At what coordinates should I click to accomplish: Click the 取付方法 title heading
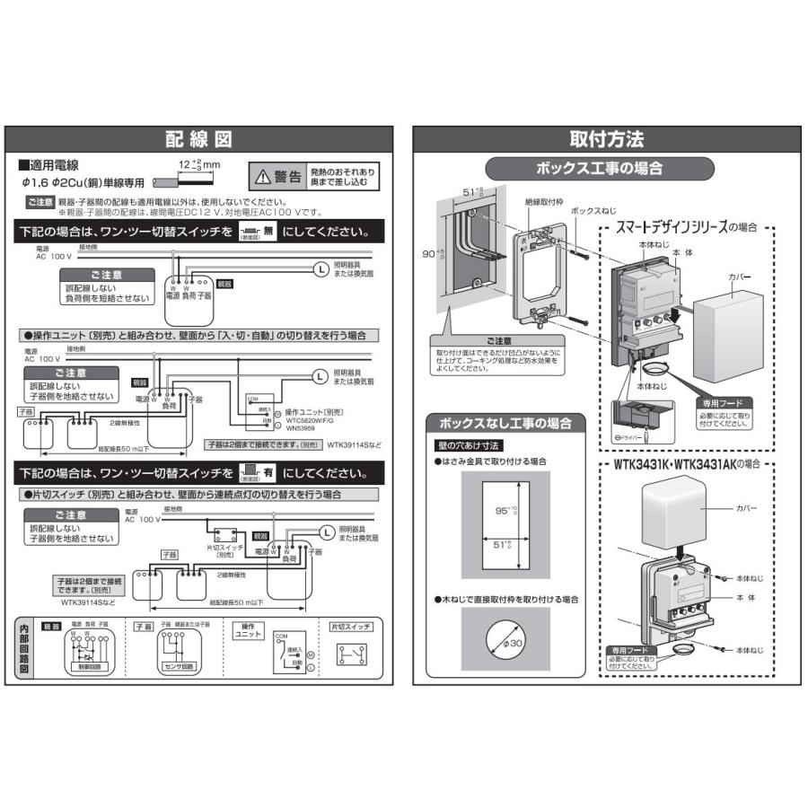[x=607, y=139]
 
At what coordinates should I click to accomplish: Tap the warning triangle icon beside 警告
[x=260, y=176]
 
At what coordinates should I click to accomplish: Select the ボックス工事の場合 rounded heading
[x=599, y=168]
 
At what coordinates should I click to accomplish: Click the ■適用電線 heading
[x=48, y=165]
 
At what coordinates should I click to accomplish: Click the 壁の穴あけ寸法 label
[x=469, y=444]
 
